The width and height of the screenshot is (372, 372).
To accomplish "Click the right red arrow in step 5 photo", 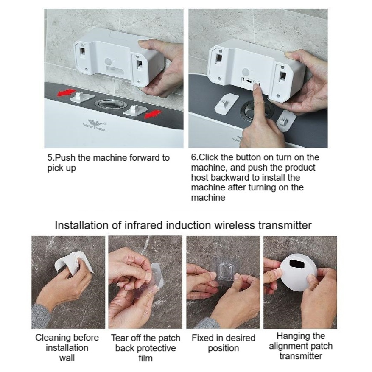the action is click(154, 114).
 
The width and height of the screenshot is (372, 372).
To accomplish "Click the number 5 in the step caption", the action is click(50, 158).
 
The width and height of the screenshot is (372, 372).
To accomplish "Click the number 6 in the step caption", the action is click(194, 157).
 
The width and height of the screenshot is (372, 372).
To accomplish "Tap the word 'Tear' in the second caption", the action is click(119, 338).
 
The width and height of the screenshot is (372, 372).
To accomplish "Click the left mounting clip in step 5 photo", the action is click(82, 97).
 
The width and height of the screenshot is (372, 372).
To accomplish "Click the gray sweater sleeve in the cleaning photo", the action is click(41, 316).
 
